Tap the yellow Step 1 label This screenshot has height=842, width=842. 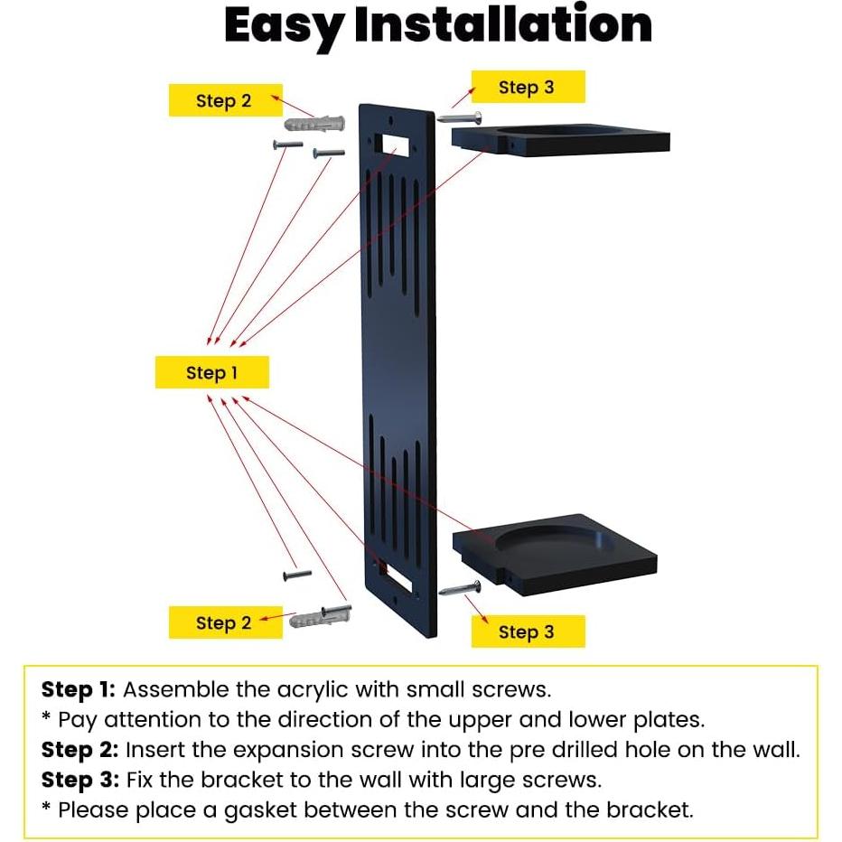pos(211,373)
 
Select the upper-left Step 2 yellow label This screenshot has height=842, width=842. pos(224,101)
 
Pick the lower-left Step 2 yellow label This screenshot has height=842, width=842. pos(224,622)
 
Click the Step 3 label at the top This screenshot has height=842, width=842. pos(527,88)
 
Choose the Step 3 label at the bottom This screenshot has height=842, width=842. pos(527,632)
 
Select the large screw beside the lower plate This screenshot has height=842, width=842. pos(460,588)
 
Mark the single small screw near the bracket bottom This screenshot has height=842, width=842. pos(296,575)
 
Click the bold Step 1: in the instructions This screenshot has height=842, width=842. pos(79,690)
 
